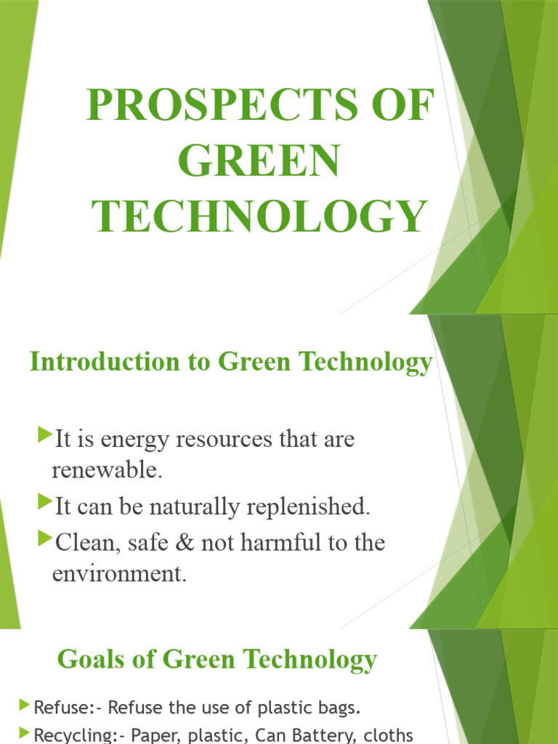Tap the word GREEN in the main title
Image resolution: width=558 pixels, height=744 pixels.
coord(259,161)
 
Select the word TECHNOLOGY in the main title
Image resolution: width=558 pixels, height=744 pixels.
coord(259,216)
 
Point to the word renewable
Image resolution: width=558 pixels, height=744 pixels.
coord(105,470)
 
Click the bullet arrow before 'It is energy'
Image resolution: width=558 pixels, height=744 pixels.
coord(44,436)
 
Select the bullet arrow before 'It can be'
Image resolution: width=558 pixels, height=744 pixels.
coord(44,503)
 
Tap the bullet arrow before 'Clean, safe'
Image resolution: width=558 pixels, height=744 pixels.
coord(44,539)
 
